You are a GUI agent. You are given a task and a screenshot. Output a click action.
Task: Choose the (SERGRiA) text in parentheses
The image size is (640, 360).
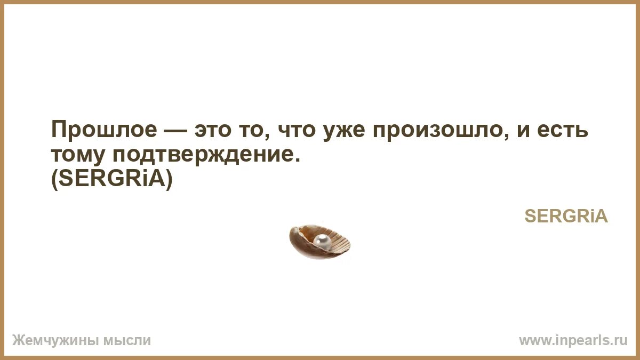click(112, 179)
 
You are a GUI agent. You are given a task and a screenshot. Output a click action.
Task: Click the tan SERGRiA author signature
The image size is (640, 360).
click(566, 216)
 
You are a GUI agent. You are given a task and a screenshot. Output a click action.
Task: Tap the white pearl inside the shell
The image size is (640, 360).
click(322, 242)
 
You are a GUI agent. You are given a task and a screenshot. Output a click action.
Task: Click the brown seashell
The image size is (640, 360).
click(336, 247)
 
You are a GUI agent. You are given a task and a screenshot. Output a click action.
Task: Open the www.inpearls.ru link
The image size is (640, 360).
click(573, 340)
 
